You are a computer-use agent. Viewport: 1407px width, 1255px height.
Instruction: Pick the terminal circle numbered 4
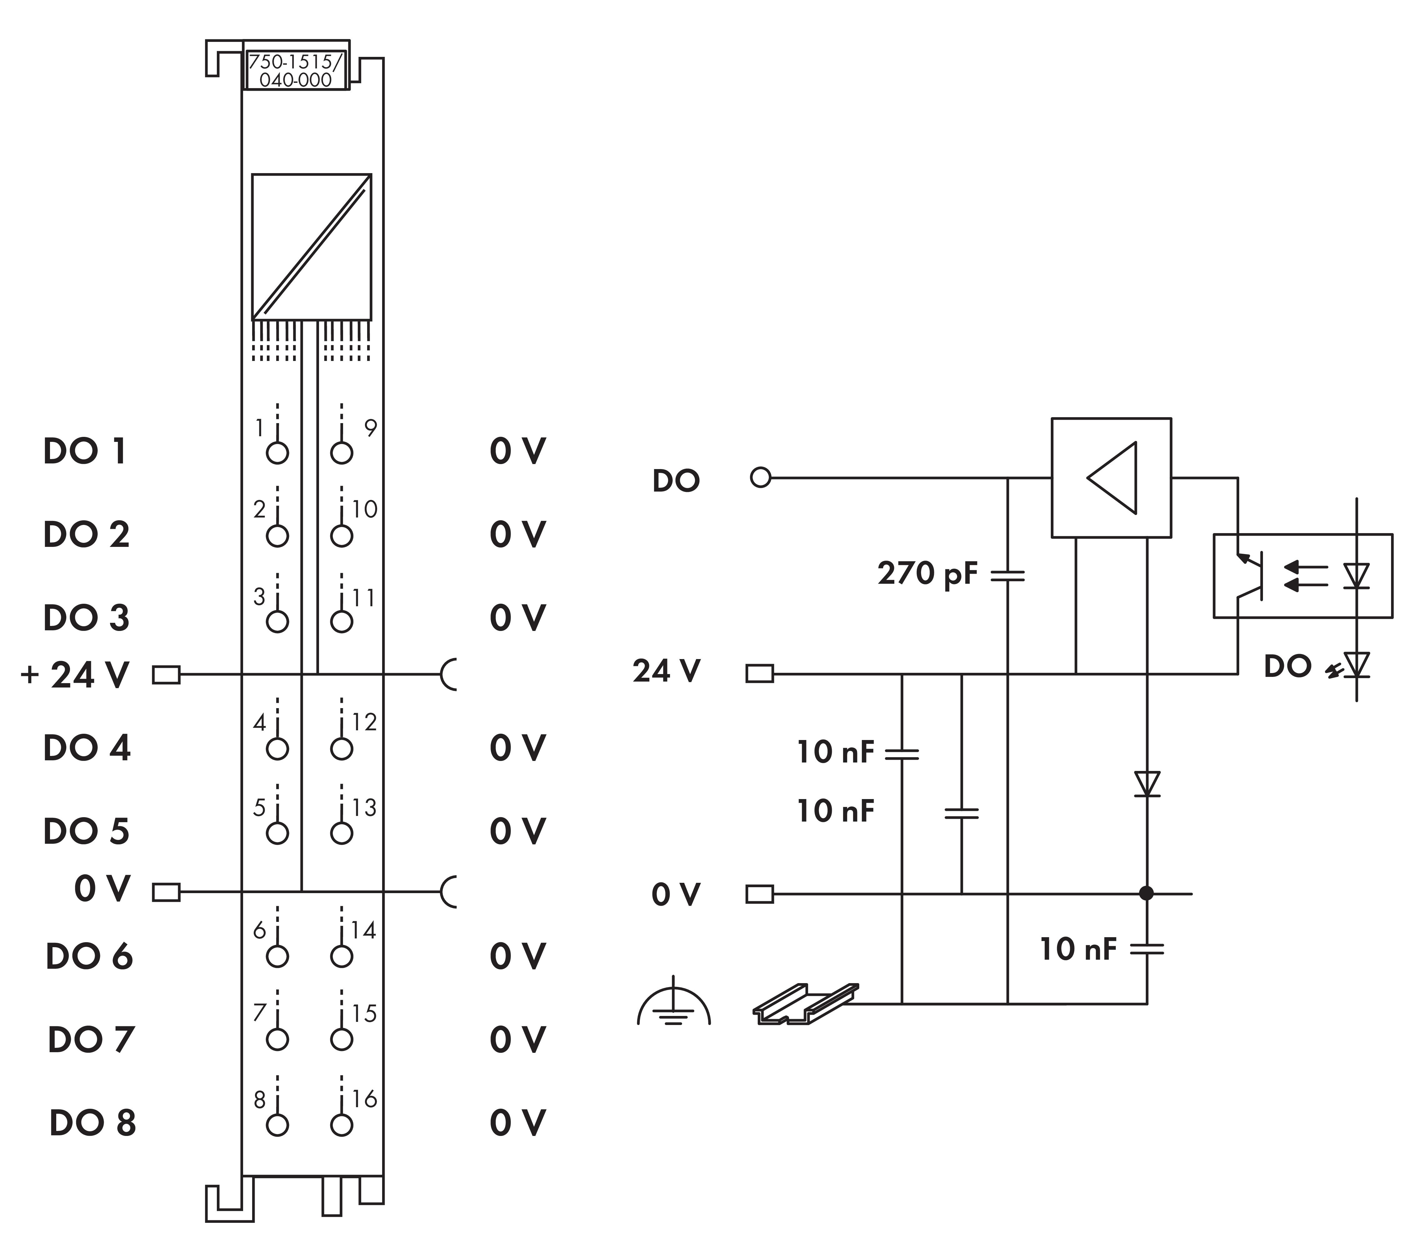(x=277, y=748)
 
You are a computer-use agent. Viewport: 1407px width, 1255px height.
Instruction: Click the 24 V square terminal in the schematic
(x=760, y=674)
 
